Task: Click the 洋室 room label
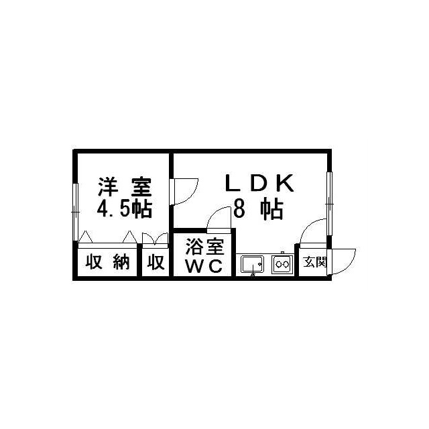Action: pyautogui.click(x=125, y=187)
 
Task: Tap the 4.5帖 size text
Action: pyautogui.click(x=125, y=209)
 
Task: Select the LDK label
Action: pyautogui.click(x=259, y=183)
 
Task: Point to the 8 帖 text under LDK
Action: pyautogui.click(x=258, y=210)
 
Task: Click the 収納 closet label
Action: pyautogui.click(x=107, y=261)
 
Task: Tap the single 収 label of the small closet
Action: pyautogui.click(x=156, y=262)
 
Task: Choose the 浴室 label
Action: pyautogui.click(x=204, y=247)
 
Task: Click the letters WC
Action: pyautogui.click(x=204, y=265)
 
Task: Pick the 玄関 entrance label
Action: pyautogui.click(x=315, y=262)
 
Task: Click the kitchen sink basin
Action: pyautogui.click(x=252, y=265)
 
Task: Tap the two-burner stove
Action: pyautogui.click(x=283, y=264)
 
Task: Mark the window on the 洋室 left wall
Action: pyautogui.click(x=76, y=212)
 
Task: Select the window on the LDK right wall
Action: pyautogui.click(x=329, y=203)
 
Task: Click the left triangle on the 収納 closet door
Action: pyautogui.click(x=85, y=237)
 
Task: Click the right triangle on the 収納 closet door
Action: pyautogui.click(x=129, y=237)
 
